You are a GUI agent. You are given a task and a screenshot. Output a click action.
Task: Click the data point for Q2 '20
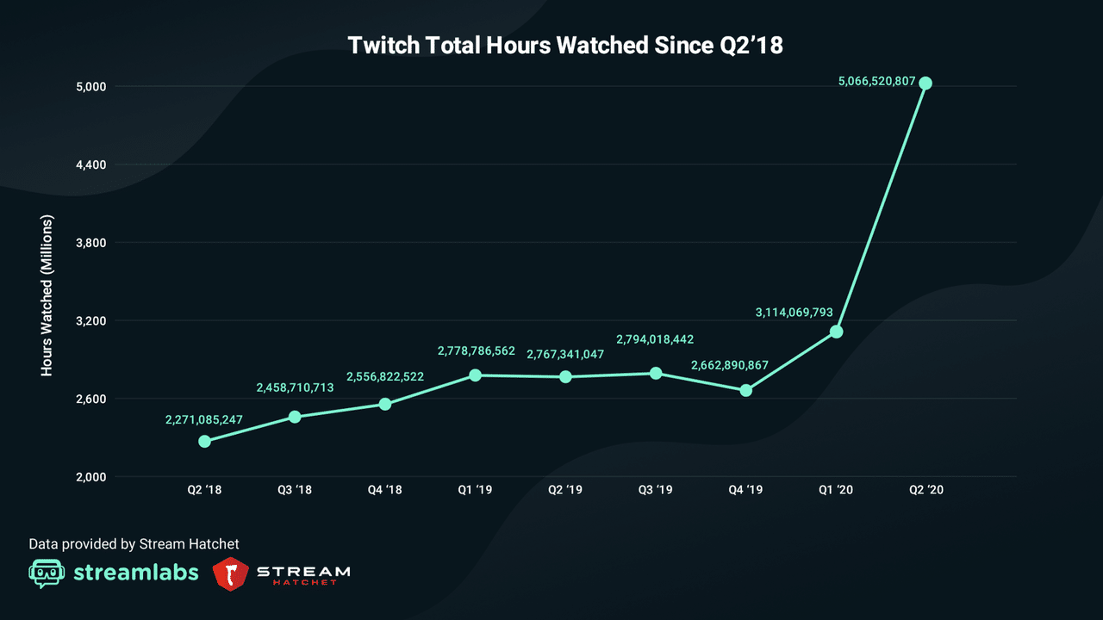(x=925, y=84)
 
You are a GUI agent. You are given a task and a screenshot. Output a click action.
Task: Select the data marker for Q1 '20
(x=836, y=332)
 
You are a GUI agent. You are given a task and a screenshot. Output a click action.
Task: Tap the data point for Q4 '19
(x=746, y=390)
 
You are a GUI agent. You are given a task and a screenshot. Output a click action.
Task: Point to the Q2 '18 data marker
(x=204, y=441)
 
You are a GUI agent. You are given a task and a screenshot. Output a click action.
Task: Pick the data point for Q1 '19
(x=475, y=375)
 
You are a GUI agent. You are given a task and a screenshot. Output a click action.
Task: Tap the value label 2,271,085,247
(x=204, y=420)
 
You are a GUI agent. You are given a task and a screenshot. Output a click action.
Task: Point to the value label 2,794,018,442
(x=655, y=339)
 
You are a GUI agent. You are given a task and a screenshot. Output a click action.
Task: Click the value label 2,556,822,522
(x=385, y=377)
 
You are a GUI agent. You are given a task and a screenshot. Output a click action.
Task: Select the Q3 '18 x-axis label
(x=295, y=490)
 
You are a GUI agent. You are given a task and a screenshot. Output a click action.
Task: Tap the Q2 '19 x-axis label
(x=565, y=490)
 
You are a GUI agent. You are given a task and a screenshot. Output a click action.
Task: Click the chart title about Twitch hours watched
(x=565, y=46)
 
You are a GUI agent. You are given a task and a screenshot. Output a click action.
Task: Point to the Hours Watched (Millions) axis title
(x=47, y=295)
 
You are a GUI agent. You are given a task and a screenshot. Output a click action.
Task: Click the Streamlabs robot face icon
(x=47, y=573)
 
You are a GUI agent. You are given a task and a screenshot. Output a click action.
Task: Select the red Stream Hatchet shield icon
(x=230, y=573)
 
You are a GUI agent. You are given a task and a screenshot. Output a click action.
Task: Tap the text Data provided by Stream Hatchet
(x=134, y=544)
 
